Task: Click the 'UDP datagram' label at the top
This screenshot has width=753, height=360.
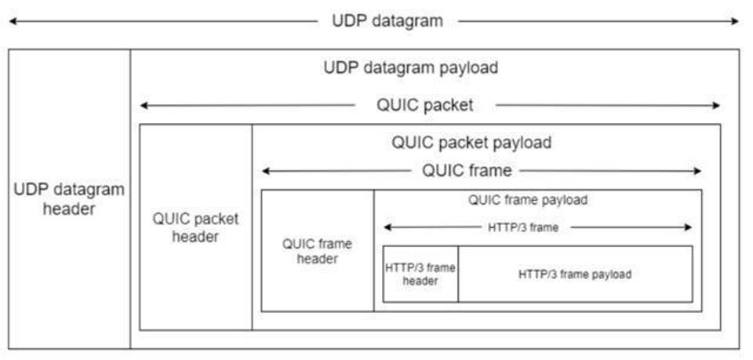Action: pyautogui.click(x=388, y=20)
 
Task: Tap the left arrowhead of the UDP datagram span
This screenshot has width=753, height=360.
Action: pyautogui.click(x=12, y=21)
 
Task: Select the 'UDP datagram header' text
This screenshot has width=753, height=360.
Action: pyautogui.click(x=70, y=199)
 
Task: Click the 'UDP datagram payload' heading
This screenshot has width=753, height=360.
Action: pyautogui.click(x=410, y=67)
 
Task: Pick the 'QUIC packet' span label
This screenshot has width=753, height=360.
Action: pyautogui.click(x=426, y=105)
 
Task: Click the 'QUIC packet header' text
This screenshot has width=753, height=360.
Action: pyautogui.click(x=195, y=227)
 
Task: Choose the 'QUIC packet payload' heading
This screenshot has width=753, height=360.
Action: pyautogui.click(x=471, y=143)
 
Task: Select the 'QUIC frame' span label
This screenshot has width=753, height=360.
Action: pyautogui.click(x=467, y=170)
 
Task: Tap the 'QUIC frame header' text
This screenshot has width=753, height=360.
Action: pyautogui.click(x=317, y=251)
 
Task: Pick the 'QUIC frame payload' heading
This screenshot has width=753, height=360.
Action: pyautogui.click(x=528, y=200)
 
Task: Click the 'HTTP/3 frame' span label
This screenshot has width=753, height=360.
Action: pyautogui.click(x=535, y=227)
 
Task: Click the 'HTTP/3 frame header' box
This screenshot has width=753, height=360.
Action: pyautogui.click(x=420, y=274)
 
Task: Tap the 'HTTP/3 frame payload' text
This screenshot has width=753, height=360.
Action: pyautogui.click(x=575, y=275)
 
